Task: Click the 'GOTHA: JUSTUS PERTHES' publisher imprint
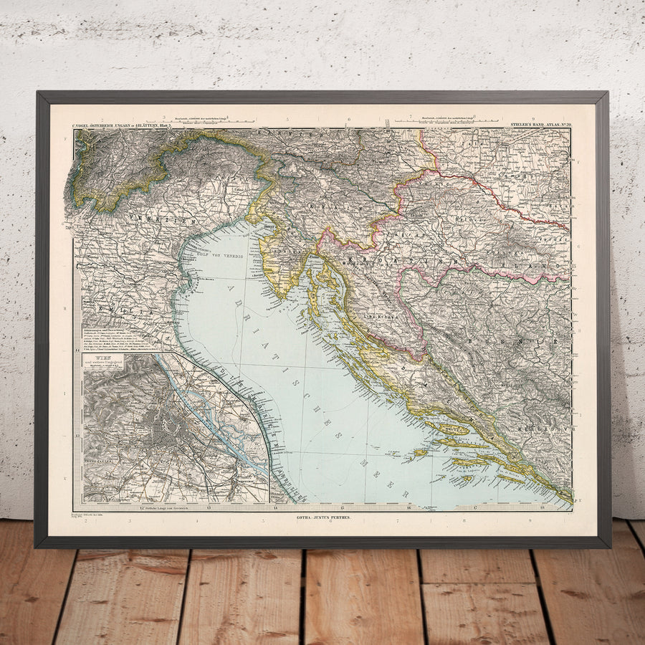(322, 517)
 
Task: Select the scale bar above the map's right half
(459, 120)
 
